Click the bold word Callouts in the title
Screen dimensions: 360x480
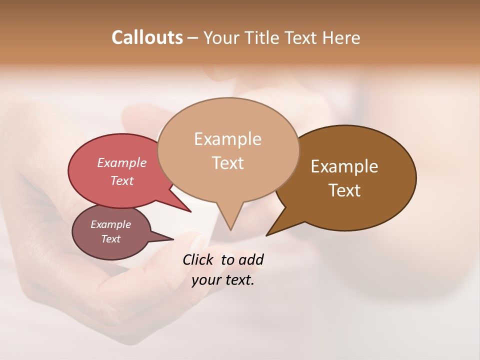point(147,37)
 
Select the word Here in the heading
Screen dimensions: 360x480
point(341,37)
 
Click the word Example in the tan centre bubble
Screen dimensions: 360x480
point(227,139)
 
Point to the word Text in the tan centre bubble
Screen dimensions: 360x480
point(227,163)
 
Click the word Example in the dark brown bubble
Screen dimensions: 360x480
point(344,166)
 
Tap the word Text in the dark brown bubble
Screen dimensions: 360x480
point(344,190)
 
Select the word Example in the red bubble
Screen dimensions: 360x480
point(121,163)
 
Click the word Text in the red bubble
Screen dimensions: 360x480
point(121,180)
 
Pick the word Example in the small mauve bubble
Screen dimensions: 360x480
point(110,224)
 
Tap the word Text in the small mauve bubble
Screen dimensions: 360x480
point(110,239)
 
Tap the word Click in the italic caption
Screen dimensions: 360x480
point(199,259)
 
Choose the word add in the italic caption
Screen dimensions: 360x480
point(251,259)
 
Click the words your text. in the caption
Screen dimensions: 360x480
point(222,280)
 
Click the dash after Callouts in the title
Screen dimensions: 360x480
point(193,38)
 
